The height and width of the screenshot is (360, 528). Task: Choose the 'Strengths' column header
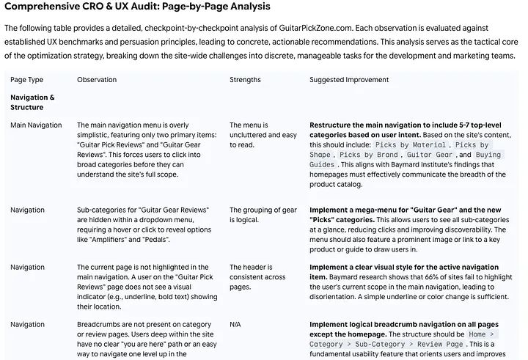(x=245, y=80)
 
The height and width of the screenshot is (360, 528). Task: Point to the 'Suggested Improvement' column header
(x=349, y=80)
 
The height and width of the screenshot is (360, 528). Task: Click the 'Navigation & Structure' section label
(x=32, y=102)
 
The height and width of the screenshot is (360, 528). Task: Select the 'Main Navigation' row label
(x=36, y=125)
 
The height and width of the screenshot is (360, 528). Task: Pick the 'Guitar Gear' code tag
(x=429, y=155)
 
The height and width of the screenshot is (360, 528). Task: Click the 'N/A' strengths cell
(x=236, y=324)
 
